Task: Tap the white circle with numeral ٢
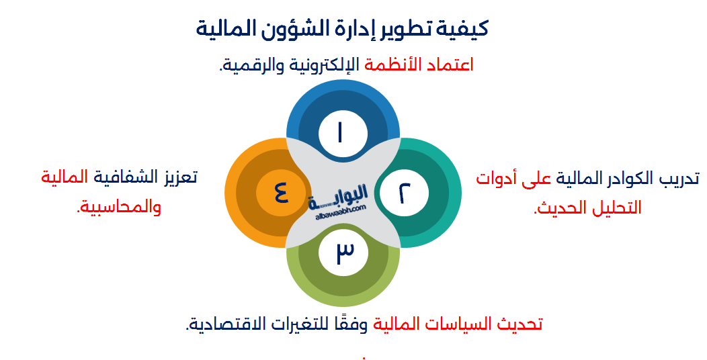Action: point(403,193)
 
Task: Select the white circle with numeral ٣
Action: point(343,251)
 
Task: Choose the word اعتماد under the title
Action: point(450,64)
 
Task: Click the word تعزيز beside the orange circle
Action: point(177,179)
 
